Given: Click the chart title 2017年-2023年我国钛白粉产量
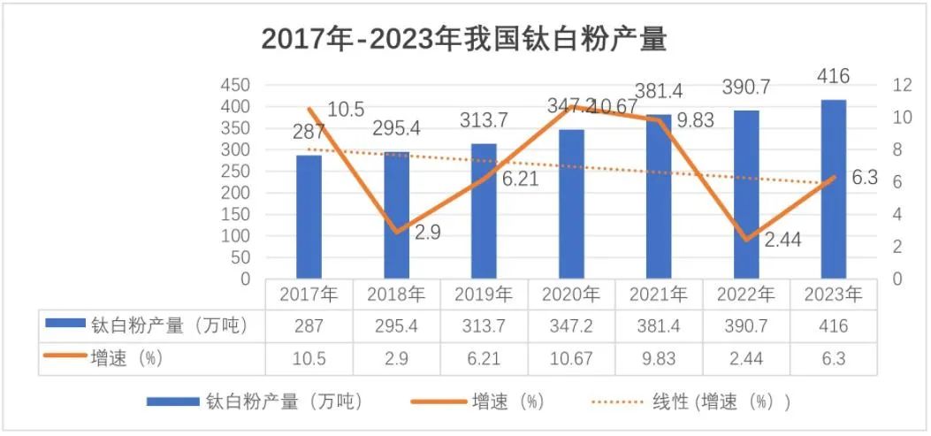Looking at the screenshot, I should click(464, 39).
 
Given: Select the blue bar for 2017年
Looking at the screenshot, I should click(309, 217).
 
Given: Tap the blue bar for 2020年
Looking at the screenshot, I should click(571, 203).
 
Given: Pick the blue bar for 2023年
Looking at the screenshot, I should click(834, 189).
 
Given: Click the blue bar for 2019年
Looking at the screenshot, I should click(484, 210).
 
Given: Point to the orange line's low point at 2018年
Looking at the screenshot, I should click(396, 232).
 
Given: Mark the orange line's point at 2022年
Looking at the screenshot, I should click(746, 240).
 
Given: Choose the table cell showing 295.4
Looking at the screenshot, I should click(396, 326).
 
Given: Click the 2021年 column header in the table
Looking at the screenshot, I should click(659, 294).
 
